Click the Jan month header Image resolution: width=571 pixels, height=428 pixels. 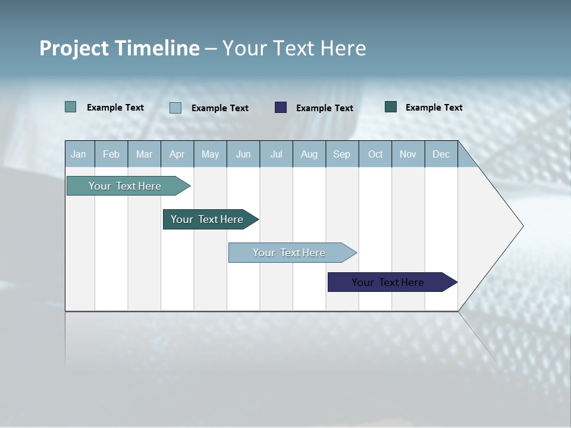(79, 154)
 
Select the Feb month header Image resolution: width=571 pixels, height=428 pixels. (111, 154)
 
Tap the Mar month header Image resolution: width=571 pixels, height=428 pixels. (144, 154)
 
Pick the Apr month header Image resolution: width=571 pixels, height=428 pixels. (177, 154)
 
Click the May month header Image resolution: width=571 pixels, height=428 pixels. (210, 154)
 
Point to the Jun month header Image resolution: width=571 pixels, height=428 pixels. (243, 154)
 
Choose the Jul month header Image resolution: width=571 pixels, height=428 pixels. (276, 154)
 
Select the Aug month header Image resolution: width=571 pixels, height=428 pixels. (309, 154)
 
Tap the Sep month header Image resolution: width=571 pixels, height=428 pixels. (342, 154)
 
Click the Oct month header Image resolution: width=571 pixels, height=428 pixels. (375, 154)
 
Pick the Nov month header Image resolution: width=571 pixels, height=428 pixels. (408, 154)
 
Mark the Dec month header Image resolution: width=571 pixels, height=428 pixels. (441, 154)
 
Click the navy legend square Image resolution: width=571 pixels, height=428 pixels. (281, 108)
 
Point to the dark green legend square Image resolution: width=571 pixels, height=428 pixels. (391, 107)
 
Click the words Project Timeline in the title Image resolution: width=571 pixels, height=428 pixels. (120, 48)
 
